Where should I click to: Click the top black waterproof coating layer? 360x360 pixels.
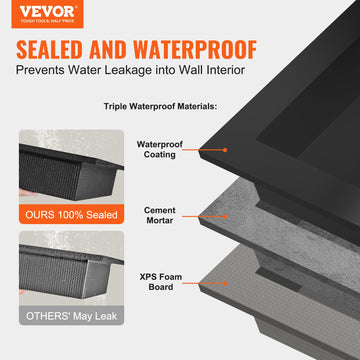pyautogui.click(x=290, y=120)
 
